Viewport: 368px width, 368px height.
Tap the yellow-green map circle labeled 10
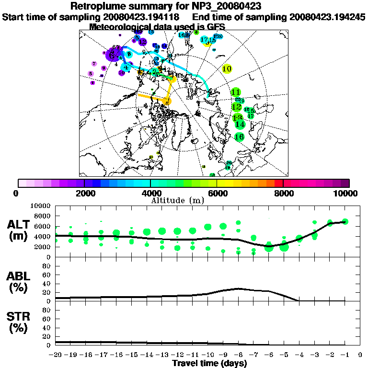coord(227,69)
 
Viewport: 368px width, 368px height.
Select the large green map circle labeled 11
coord(236,92)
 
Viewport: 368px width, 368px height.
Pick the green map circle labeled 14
coord(240,124)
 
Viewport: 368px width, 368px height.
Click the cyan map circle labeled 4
coord(126,68)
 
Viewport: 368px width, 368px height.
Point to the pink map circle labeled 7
coord(94,64)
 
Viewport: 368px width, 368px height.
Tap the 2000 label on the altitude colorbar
coord(84,193)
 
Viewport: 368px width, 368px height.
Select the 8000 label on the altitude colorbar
coord(283,193)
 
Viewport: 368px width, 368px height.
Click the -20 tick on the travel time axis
coord(55,355)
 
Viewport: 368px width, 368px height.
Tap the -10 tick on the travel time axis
coord(207,355)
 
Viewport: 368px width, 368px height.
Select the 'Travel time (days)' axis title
coord(209,363)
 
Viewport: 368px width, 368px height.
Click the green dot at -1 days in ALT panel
coord(345,221)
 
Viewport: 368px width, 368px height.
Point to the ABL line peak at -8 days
coord(238,288)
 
